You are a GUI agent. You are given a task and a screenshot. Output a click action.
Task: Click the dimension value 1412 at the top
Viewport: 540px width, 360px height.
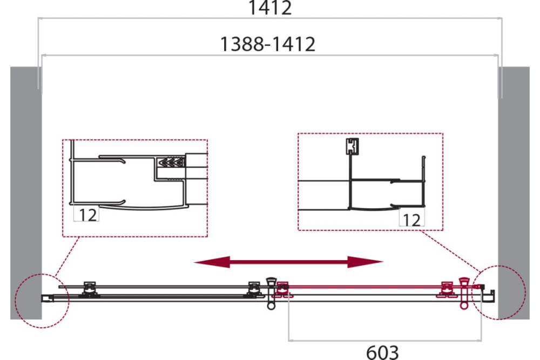[270, 8]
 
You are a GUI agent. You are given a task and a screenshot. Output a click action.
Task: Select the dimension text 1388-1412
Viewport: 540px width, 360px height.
[268, 44]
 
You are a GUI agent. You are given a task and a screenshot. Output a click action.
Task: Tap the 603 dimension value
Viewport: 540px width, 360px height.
[382, 352]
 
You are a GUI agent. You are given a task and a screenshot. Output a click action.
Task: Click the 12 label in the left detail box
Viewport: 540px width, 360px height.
[88, 215]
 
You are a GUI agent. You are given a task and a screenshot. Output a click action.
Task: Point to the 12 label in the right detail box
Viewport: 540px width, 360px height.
[411, 220]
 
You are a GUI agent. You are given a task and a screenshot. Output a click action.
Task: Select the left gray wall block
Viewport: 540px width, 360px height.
[26, 193]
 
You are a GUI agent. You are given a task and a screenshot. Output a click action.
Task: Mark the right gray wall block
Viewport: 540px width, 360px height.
[514, 193]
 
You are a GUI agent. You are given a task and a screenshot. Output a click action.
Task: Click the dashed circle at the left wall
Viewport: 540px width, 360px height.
[42, 301]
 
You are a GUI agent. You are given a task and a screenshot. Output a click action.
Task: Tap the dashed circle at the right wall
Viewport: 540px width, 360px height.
[498, 293]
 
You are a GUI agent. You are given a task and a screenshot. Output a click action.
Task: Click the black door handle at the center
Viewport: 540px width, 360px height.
[272, 293]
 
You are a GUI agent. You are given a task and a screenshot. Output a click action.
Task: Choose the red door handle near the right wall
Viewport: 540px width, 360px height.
[463, 293]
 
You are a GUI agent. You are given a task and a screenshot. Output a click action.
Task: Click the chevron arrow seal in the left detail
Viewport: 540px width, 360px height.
[171, 162]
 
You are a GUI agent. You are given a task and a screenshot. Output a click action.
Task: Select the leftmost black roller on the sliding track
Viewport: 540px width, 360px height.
[89, 289]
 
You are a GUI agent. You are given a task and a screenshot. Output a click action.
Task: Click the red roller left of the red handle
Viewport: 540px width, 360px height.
[447, 289]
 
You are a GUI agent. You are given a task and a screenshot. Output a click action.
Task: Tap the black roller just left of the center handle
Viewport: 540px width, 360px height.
[254, 289]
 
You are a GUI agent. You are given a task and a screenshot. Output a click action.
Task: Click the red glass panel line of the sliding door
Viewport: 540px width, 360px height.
[379, 287]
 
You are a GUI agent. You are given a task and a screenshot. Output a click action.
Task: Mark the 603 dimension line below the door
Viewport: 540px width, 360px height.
[385, 341]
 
